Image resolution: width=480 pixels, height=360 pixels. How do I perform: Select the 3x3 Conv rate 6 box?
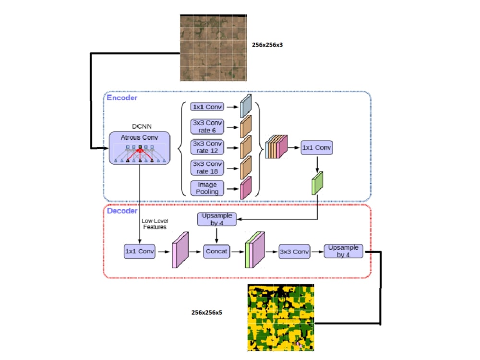207,127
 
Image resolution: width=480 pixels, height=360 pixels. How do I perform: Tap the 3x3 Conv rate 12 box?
207,147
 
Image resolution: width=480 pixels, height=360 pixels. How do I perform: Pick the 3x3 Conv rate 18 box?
207,167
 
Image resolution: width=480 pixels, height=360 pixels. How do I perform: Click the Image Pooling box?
207,188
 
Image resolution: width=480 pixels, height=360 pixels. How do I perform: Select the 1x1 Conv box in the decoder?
139,251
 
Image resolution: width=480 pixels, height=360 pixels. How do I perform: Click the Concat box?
216,251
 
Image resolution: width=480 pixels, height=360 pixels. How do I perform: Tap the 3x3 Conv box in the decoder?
294,251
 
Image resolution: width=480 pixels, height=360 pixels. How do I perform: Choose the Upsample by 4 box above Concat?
216,219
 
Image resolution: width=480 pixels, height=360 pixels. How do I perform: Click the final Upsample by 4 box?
343,251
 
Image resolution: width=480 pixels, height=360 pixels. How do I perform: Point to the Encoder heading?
122,98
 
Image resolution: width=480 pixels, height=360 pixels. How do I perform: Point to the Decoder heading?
122,210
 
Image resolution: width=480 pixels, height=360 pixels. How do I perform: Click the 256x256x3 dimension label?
271,45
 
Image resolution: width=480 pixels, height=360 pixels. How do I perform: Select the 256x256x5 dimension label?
207,312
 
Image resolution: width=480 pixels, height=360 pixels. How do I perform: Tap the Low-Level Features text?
154,224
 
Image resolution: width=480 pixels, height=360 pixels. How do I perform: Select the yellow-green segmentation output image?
281,318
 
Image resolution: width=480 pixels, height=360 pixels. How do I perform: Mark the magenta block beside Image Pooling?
246,188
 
